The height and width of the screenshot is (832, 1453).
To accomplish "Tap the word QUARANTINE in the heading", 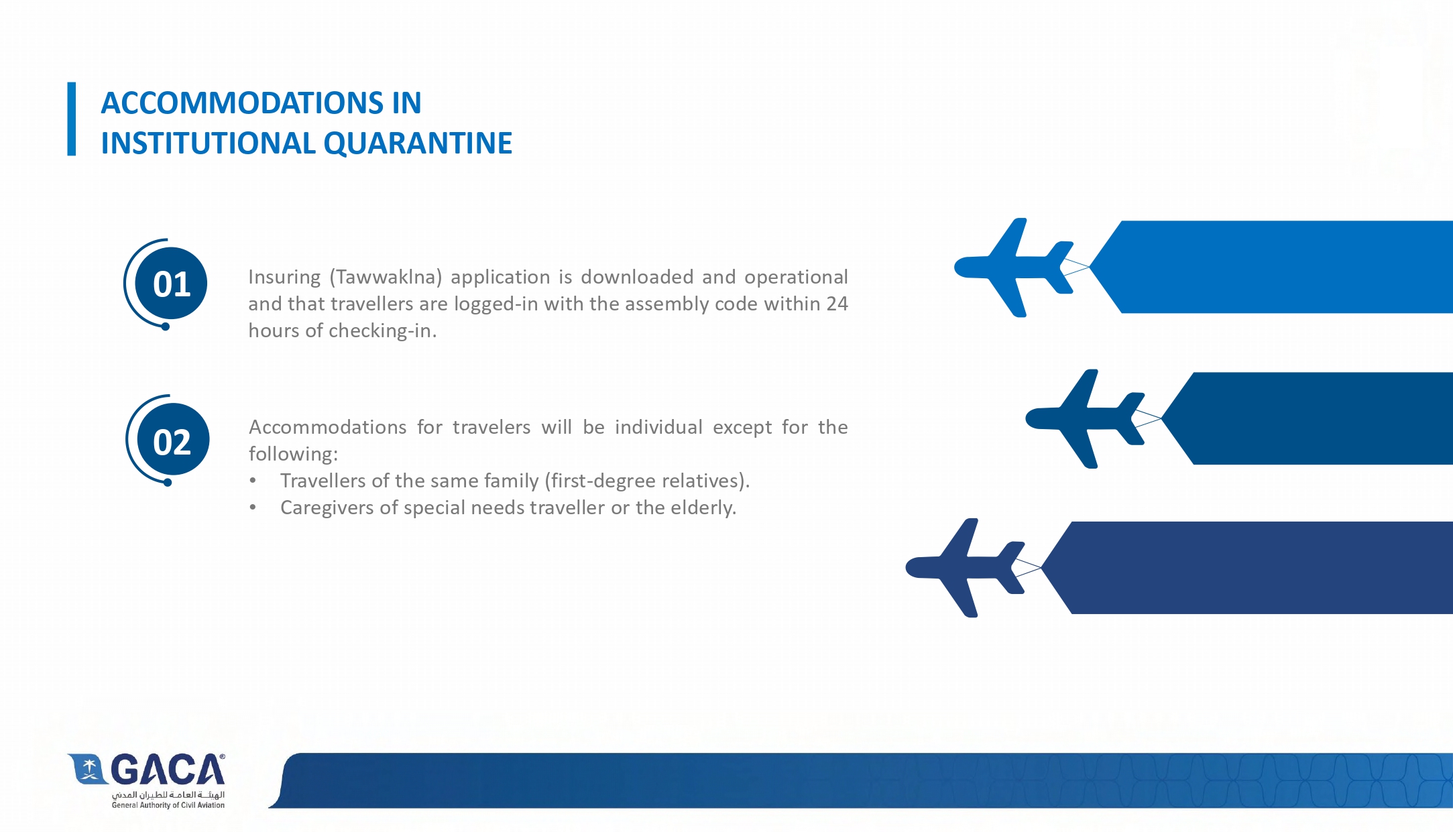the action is tap(418, 143).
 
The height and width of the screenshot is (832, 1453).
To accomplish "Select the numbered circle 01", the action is tap(171, 284).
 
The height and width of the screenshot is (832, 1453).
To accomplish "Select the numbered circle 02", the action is tap(172, 440).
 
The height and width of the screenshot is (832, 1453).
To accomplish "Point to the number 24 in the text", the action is tap(837, 304).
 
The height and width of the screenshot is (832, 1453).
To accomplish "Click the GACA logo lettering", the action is tap(168, 770).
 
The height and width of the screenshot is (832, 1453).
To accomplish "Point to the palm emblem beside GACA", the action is tap(87, 768).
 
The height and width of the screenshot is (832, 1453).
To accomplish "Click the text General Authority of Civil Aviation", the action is tap(168, 805).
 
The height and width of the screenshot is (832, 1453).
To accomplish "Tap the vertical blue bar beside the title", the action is tap(72, 119).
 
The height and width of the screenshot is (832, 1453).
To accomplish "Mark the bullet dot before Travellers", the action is tap(253, 481).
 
